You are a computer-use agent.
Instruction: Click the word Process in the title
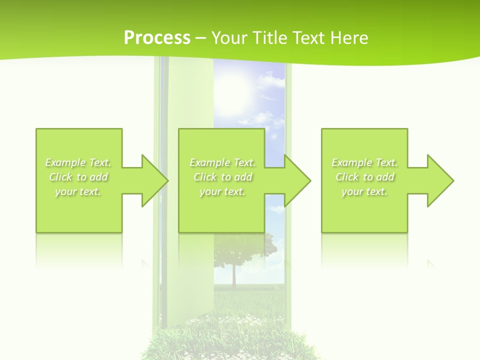(x=157, y=38)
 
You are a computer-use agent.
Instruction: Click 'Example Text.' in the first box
(x=78, y=162)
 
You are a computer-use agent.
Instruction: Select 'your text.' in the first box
(x=78, y=191)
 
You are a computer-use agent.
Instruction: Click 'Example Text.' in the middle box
(x=222, y=162)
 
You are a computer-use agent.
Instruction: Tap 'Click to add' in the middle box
(x=222, y=177)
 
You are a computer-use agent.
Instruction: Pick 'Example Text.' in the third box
(x=364, y=162)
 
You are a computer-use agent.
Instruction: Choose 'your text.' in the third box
(x=364, y=191)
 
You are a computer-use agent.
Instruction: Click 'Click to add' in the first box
(x=78, y=177)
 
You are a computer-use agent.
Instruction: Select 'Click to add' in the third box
(x=364, y=177)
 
